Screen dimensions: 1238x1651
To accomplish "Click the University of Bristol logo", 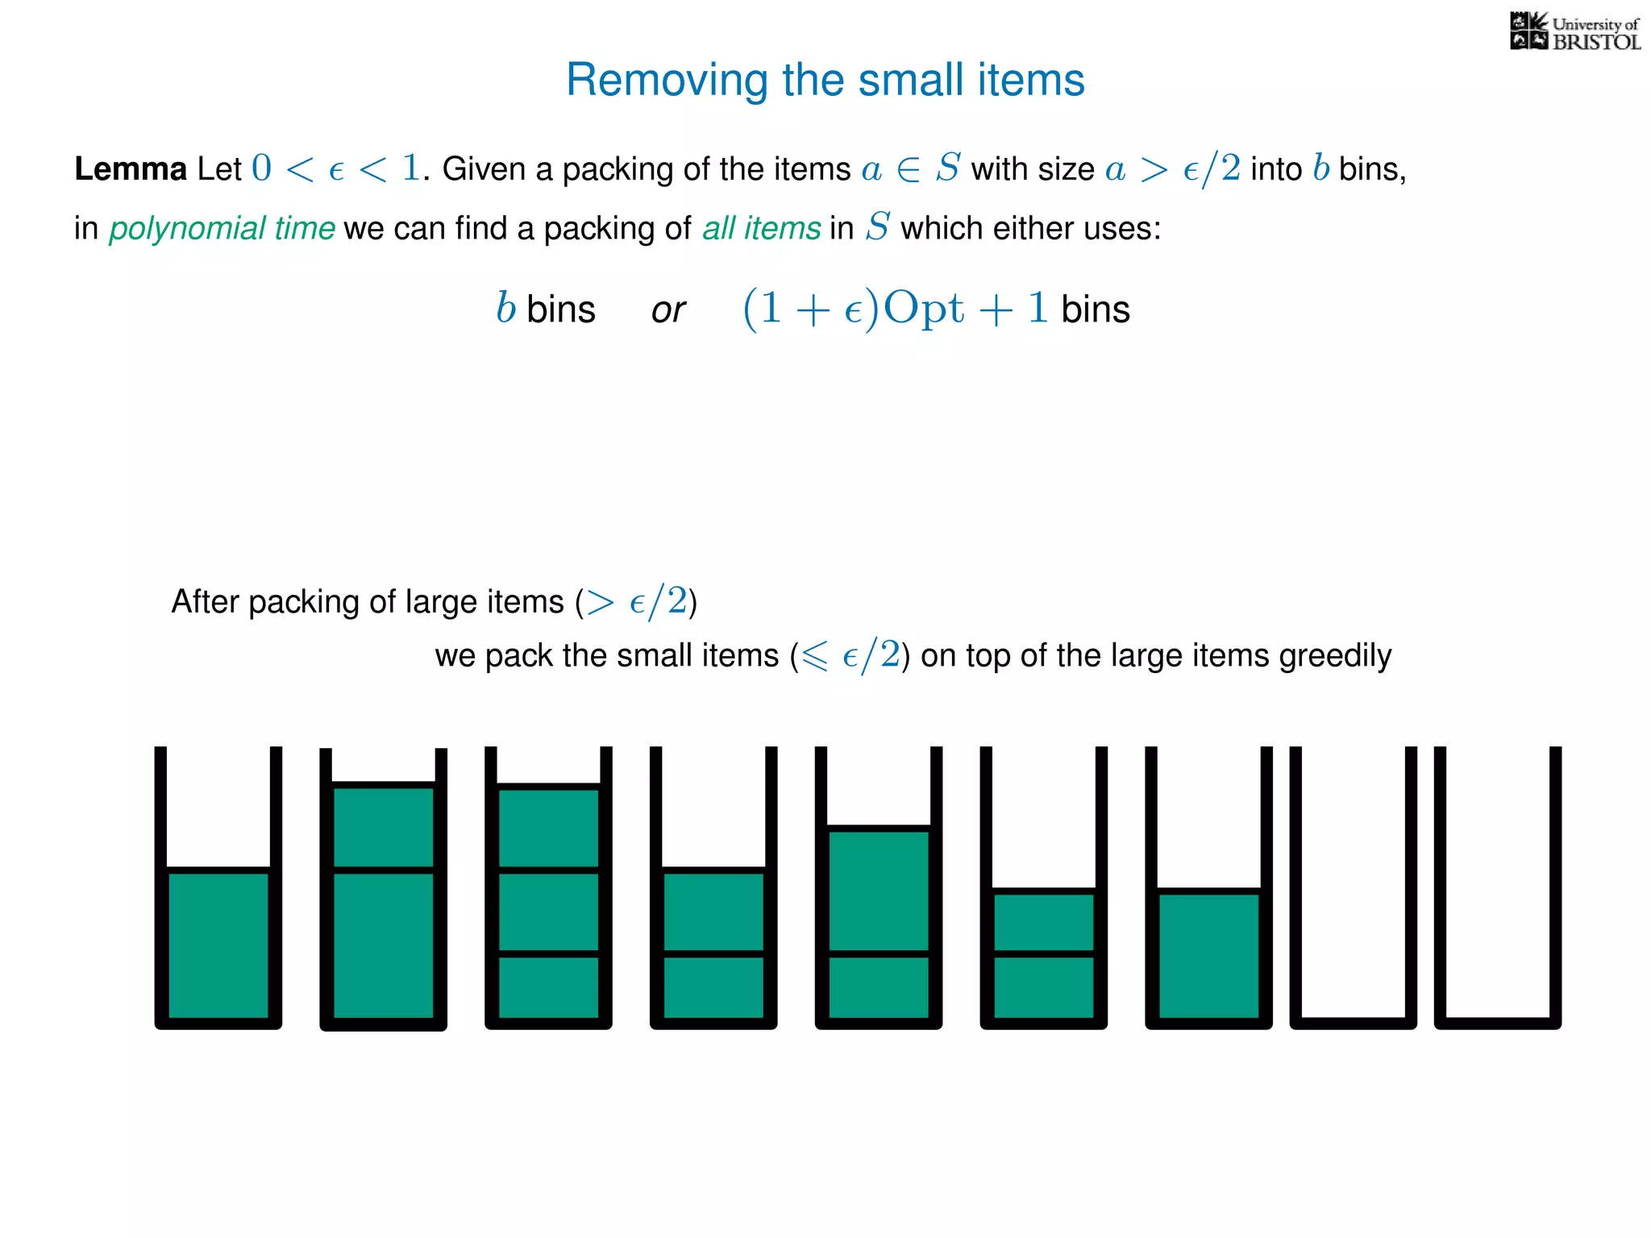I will (x=1574, y=32).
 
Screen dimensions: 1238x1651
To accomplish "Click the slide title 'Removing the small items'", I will (x=825, y=80).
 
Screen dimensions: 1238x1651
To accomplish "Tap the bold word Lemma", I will (x=131, y=169).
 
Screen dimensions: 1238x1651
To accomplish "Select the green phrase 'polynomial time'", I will (x=222, y=228).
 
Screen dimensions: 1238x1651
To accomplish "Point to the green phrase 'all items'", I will (x=761, y=228).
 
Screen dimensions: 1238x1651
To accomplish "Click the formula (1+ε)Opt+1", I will (x=895, y=309).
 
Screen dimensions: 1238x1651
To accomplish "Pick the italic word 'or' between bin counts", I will (x=668, y=310).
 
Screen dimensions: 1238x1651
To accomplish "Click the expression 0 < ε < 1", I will (x=335, y=168).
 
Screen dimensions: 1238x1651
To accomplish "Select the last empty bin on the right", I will (x=1497, y=887).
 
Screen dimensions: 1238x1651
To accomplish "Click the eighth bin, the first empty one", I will (x=1353, y=887).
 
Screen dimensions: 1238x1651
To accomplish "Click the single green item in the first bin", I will (x=218, y=945).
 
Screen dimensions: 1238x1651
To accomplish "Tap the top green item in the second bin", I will (x=384, y=827).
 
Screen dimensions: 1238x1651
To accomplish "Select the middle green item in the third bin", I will (x=549, y=912).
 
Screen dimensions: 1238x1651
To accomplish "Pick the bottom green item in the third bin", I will (x=549, y=987).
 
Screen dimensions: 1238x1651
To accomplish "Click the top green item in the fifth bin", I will (x=879, y=890).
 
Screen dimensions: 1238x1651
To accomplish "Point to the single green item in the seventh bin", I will (x=1208, y=955).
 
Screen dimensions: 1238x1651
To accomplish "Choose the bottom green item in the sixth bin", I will (x=1044, y=987).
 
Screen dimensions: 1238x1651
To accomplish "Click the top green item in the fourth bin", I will (x=713, y=912).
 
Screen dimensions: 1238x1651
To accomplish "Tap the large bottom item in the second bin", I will (x=384, y=945).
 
